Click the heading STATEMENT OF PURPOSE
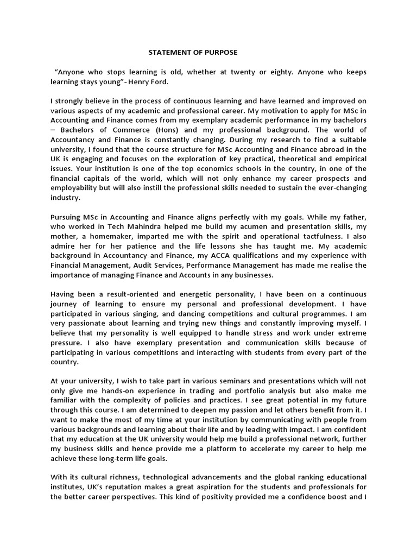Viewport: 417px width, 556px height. (193, 53)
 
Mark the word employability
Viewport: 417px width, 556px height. (75, 187)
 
